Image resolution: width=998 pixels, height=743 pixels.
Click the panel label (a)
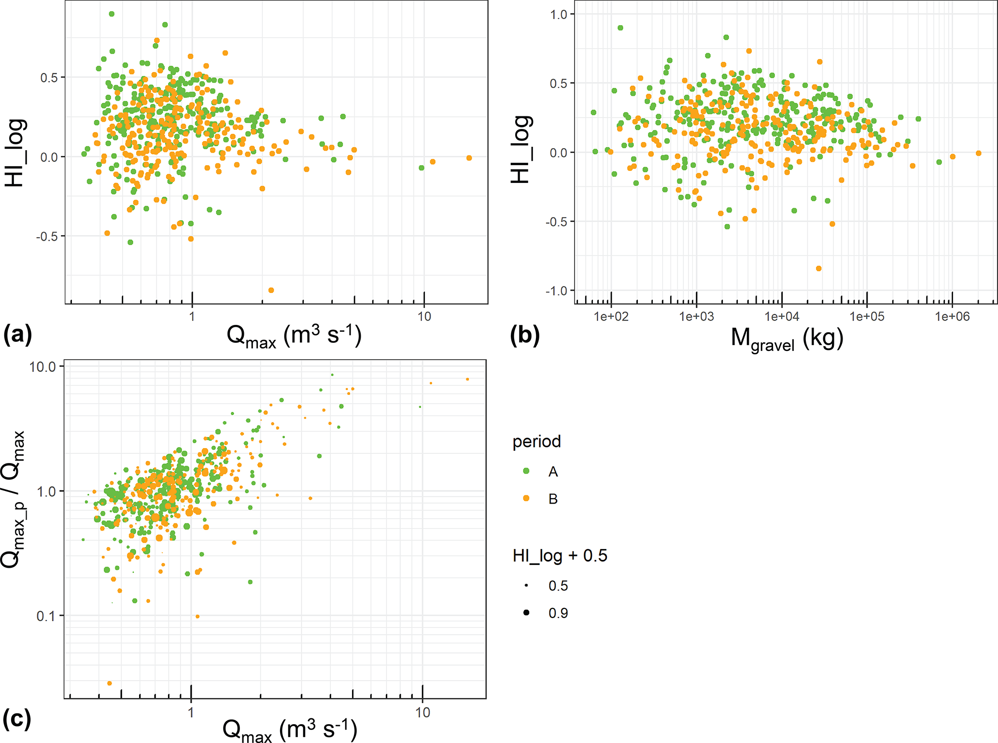(x=17, y=335)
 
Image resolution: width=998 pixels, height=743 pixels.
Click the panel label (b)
(x=524, y=336)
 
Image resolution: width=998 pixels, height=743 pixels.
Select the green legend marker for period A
(x=526, y=471)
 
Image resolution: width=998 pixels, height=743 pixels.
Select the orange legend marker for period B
(x=526, y=498)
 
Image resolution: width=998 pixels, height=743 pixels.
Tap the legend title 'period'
(x=536, y=442)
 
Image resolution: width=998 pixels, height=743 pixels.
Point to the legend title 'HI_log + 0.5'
(x=560, y=556)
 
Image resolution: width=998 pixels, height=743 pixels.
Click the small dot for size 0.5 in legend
(x=526, y=586)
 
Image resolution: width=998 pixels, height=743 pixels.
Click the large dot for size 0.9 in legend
(x=526, y=613)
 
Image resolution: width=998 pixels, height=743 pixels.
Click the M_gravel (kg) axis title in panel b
(x=787, y=339)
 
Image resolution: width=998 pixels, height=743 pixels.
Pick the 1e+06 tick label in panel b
(x=952, y=317)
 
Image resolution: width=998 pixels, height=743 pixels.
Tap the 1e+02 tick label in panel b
(x=611, y=317)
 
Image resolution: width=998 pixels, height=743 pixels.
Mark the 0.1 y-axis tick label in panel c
(x=46, y=616)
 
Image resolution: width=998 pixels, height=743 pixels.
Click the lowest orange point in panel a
(x=271, y=290)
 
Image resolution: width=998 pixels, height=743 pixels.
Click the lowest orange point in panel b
(x=818, y=268)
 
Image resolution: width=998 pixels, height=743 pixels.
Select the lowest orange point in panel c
(x=110, y=683)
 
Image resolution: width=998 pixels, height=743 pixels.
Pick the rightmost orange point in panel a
(x=469, y=158)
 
